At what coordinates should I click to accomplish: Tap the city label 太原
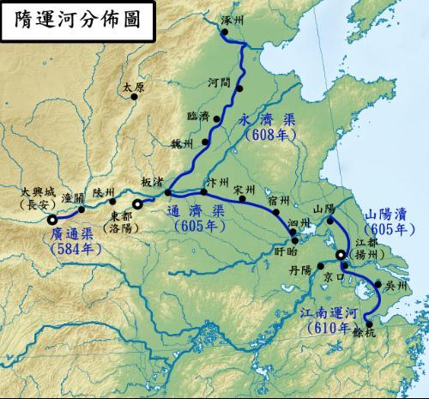(133, 88)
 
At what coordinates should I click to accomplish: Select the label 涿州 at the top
(233, 19)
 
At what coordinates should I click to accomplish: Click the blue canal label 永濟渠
(269, 122)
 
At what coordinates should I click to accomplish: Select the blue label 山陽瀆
(387, 214)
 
